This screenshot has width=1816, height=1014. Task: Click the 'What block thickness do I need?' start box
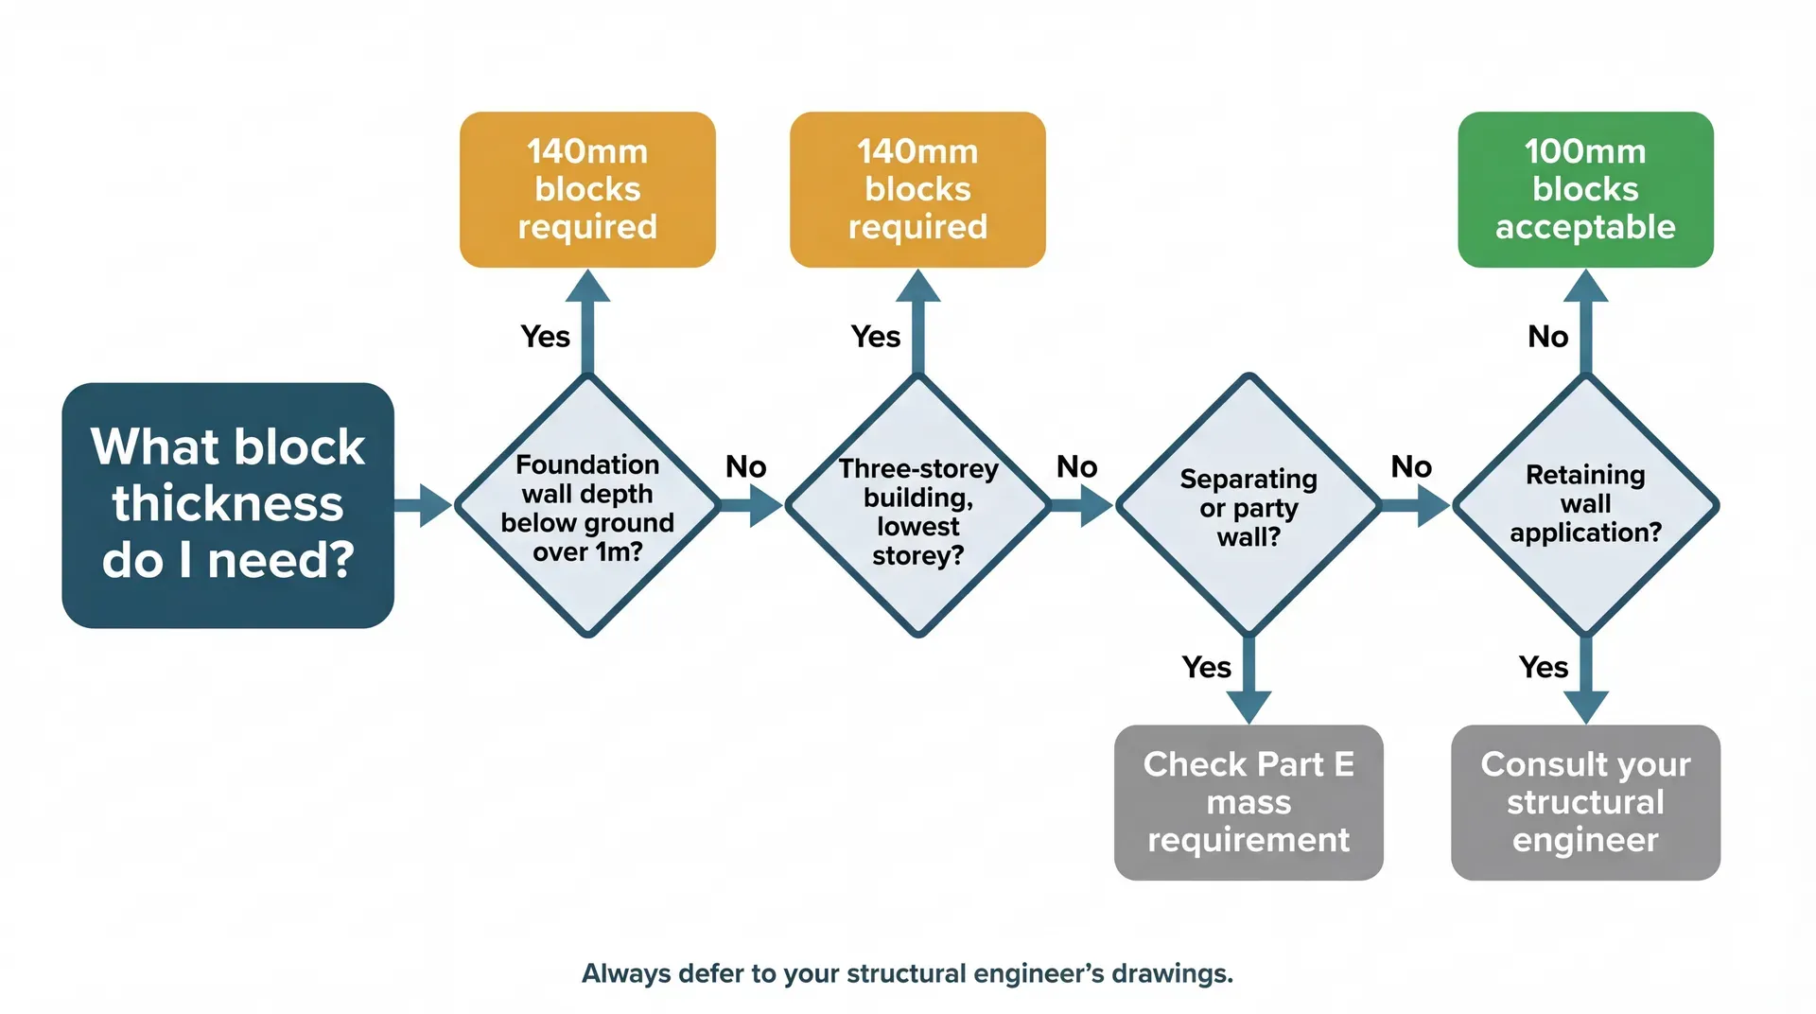(x=228, y=504)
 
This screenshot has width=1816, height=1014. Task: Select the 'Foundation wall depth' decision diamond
(x=587, y=506)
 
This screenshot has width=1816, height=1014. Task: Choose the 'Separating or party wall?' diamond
(x=1248, y=507)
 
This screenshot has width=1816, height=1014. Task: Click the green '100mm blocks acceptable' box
(x=1585, y=189)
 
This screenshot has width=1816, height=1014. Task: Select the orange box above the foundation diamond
(x=587, y=189)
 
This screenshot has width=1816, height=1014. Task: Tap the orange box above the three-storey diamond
(x=917, y=189)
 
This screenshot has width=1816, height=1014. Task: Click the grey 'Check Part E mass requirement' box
(x=1248, y=802)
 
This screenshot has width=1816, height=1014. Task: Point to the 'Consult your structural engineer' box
(x=1585, y=802)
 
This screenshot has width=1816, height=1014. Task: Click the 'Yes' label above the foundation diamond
(x=545, y=337)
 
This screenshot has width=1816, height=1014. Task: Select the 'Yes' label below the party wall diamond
(x=1206, y=668)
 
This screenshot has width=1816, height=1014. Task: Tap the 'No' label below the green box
(x=1547, y=337)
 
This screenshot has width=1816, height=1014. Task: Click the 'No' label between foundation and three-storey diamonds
(x=745, y=467)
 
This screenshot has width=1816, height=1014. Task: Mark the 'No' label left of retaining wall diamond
(x=1410, y=467)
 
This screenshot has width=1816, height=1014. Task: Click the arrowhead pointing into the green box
(x=1586, y=287)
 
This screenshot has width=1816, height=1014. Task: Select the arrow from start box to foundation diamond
(x=423, y=506)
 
